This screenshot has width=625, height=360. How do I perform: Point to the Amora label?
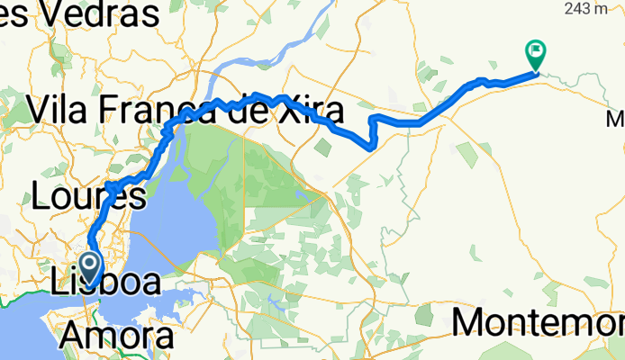pos(117,336)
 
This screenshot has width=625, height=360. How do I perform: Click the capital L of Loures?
pos(41,196)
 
